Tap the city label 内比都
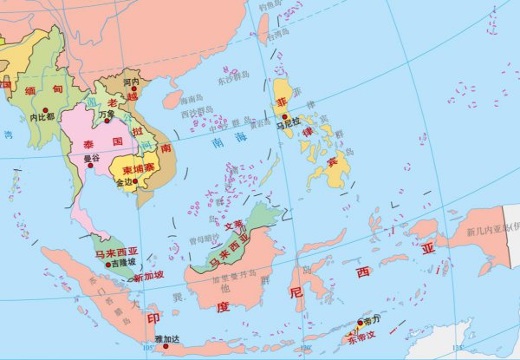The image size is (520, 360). pyautogui.click(x=42, y=115)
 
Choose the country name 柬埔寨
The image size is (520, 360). pyautogui.click(x=140, y=169)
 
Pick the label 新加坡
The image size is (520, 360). pyautogui.click(x=147, y=278)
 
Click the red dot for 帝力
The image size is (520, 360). pyautogui.click(x=360, y=323)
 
